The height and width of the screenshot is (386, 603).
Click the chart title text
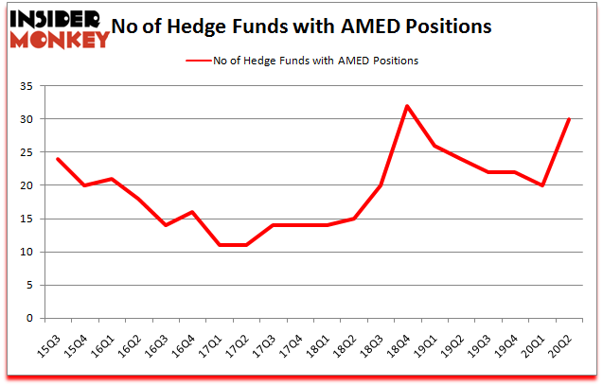point(301,26)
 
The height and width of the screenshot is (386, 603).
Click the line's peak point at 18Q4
point(407,105)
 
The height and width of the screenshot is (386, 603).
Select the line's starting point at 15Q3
point(59,158)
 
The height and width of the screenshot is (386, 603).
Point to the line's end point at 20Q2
point(569,118)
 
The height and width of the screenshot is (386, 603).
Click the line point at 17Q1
point(220,245)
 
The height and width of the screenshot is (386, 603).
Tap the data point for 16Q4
point(193,212)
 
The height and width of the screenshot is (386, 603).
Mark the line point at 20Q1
point(541,185)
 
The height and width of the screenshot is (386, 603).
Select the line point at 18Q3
point(381,185)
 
